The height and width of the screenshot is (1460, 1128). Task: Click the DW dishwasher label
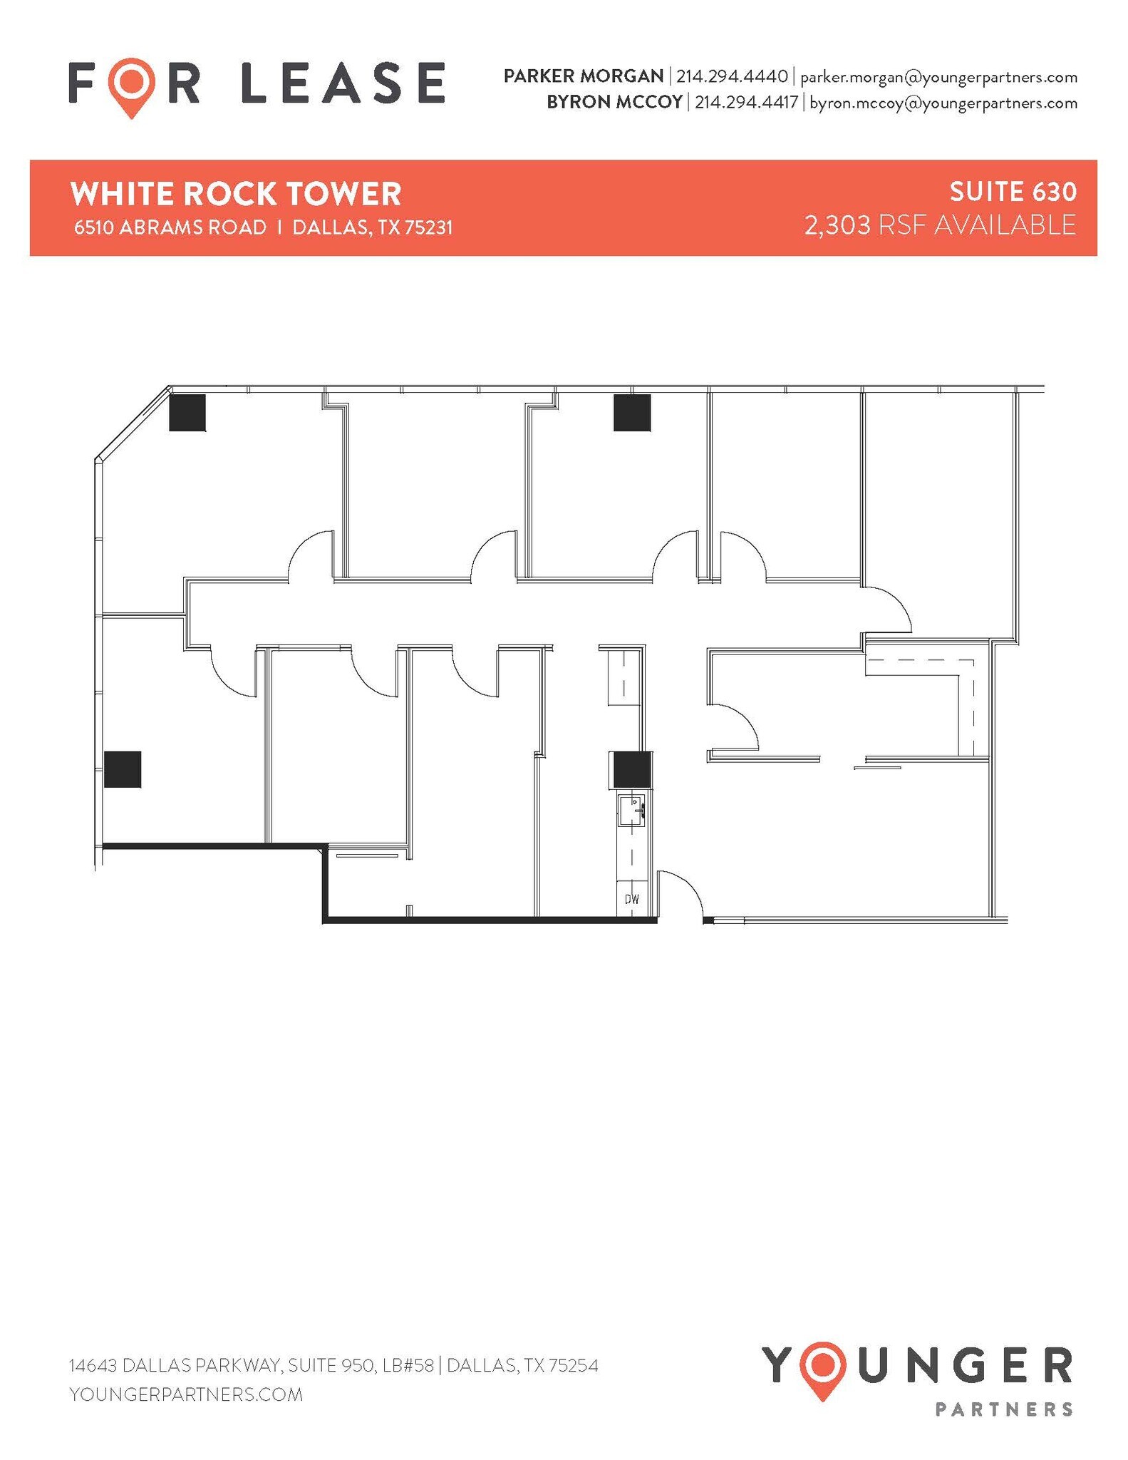[x=631, y=900]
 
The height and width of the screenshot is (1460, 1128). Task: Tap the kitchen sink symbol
[x=631, y=810]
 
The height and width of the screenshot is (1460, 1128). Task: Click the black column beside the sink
[x=631, y=770]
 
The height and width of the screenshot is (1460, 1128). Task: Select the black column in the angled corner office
[x=187, y=413]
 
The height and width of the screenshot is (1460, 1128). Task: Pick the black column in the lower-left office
[x=123, y=769]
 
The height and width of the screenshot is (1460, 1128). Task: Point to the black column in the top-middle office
[x=632, y=413]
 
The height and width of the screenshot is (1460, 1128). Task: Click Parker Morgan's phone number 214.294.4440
[x=732, y=76]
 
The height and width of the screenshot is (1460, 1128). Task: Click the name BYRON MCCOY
[x=614, y=103]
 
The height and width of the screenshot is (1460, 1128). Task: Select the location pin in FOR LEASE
[x=132, y=86]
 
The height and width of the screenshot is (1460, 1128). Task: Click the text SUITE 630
[x=1013, y=192]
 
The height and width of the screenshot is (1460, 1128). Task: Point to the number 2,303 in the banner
[x=837, y=225]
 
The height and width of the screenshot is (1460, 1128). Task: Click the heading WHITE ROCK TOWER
[x=236, y=194]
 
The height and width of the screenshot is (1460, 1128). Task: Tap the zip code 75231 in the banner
[x=429, y=227]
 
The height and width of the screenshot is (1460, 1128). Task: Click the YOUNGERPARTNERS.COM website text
[x=186, y=1394]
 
